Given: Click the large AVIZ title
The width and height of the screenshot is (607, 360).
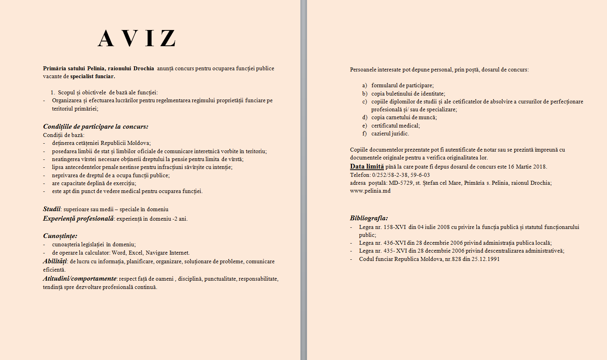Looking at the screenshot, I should tap(137, 39).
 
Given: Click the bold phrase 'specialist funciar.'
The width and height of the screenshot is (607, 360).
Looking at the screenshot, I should tap(93, 77).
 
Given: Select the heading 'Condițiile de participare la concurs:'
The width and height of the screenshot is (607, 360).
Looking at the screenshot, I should tap(96, 127).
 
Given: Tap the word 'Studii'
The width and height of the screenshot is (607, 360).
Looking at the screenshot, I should tap(52, 209).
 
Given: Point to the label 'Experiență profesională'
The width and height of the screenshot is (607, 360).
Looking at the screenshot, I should tap(78, 219).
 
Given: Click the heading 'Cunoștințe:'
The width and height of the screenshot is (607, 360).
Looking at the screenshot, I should tap(60, 236).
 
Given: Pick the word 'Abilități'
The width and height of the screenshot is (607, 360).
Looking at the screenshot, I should tap(55, 261).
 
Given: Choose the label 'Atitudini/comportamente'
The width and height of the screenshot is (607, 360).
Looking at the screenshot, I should tap(80, 279).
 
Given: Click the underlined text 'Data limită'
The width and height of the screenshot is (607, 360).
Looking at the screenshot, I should tap(367, 167).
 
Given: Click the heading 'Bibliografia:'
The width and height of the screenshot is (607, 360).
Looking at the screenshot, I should tap(369, 218).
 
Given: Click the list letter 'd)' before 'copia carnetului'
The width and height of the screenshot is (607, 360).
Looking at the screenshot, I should tap(365, 118).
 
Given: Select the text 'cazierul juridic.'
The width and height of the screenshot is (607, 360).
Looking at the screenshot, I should tap(390, 134).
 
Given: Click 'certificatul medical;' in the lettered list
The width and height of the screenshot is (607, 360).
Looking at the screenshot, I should tap(395, 126).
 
